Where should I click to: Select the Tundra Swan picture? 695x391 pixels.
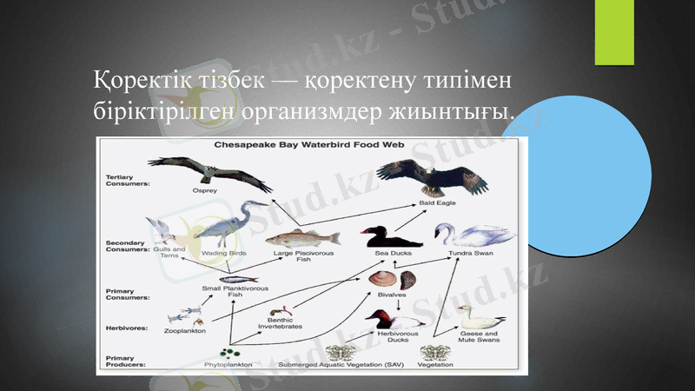pos(472,235)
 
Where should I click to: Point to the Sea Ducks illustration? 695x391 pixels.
pos(389,237)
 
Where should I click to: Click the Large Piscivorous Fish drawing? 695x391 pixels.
pos(302,237)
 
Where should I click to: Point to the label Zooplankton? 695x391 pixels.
pos(185,331)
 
